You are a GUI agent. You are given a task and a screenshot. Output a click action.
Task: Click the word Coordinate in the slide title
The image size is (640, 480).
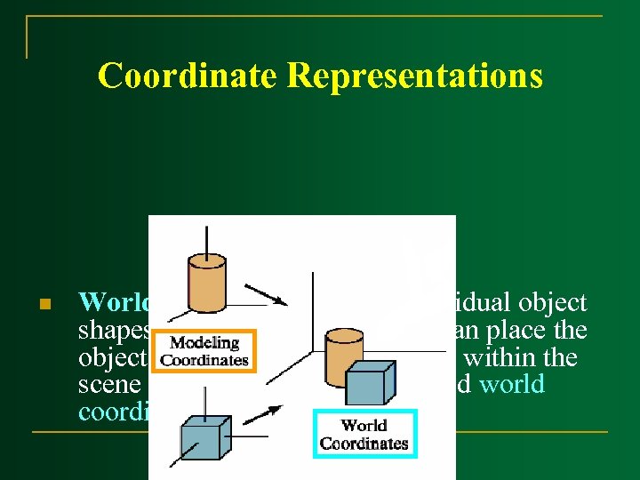188,76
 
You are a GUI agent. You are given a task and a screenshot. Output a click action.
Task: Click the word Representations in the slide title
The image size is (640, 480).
414,76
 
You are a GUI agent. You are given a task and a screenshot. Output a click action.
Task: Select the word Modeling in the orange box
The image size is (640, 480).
204,343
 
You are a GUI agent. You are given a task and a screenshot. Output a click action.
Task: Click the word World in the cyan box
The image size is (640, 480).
364,426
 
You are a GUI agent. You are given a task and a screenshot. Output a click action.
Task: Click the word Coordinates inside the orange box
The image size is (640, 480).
204,359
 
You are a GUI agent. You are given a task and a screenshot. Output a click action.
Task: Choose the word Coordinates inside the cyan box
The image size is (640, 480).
364,443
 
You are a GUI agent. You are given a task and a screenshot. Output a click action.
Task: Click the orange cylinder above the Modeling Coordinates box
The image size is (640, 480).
206,284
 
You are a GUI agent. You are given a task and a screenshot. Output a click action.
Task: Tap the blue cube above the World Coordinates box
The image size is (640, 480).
364,385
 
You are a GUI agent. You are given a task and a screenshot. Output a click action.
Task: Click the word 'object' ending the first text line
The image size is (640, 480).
554,304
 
